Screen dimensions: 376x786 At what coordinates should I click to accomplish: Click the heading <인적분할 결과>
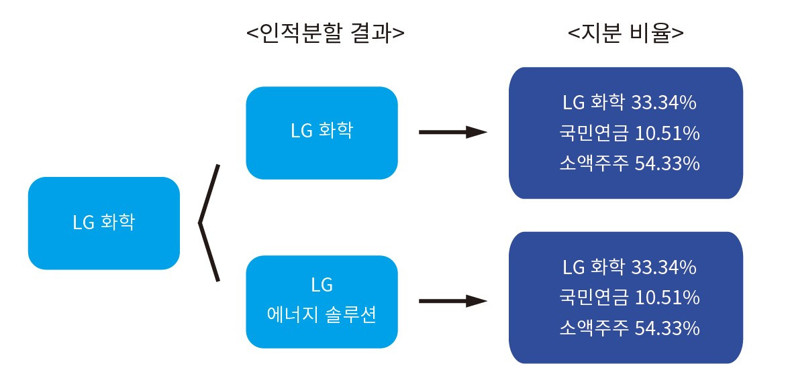[x=326, y=33]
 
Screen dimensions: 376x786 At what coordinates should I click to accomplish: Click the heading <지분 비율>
[x=625, y=33]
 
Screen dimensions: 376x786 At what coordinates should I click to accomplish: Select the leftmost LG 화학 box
[x=103, y=223]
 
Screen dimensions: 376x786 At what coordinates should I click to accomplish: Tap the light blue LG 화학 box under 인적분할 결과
[x=322, y=132]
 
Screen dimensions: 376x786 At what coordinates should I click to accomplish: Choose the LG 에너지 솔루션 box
[x=322, y=301]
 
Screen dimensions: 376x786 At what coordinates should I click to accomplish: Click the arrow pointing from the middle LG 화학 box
[x=452, y=133]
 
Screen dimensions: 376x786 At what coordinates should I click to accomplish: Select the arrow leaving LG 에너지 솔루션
[x=452, y=302]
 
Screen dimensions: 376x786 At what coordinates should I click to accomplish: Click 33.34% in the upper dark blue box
[x=664, y=103]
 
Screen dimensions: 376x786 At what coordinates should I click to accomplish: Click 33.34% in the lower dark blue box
[x=664, y=267]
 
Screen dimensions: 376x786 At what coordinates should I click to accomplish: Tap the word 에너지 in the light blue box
[x=289, y=314]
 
